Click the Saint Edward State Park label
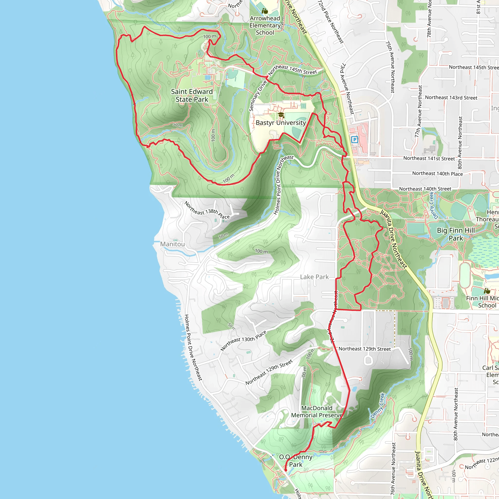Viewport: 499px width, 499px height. coord(192,96)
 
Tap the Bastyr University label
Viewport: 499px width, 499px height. coord(280,123)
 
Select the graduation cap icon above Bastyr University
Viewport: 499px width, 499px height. coord(281,115)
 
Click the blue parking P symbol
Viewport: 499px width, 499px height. coord(355,140)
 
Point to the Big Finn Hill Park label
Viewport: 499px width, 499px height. coord(456,234)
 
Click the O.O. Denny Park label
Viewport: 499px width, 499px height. coord(296,461)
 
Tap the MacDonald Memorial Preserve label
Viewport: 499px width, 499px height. coord(317,412)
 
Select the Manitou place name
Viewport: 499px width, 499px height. coord(172,244)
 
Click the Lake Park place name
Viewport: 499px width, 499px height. coord(314,277)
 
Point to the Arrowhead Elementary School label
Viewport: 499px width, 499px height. coord(265,26)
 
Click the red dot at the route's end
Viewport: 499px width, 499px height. coord(286,470)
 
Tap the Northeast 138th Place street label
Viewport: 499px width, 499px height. coord(207,210)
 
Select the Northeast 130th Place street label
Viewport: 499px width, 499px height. coord(243,341)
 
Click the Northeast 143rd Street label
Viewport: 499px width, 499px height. coord(451,98)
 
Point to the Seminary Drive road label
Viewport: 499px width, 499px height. coord(258,96)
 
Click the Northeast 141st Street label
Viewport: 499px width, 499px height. coord(429,158)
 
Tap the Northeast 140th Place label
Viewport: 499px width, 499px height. coord(437,173)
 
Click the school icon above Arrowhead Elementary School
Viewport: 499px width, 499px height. coord(265,11)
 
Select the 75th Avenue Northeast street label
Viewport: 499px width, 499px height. coord(390,67)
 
